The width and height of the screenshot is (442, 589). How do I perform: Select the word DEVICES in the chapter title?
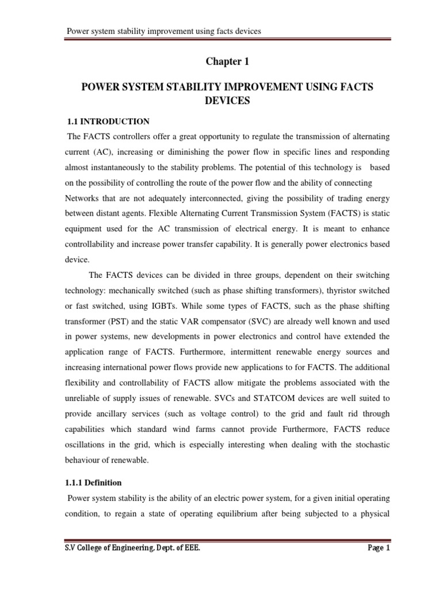tap(227, 100)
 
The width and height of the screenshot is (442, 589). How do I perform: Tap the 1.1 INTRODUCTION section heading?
tap(109, 121)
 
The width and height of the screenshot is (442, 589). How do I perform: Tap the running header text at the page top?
tap(165, 31)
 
